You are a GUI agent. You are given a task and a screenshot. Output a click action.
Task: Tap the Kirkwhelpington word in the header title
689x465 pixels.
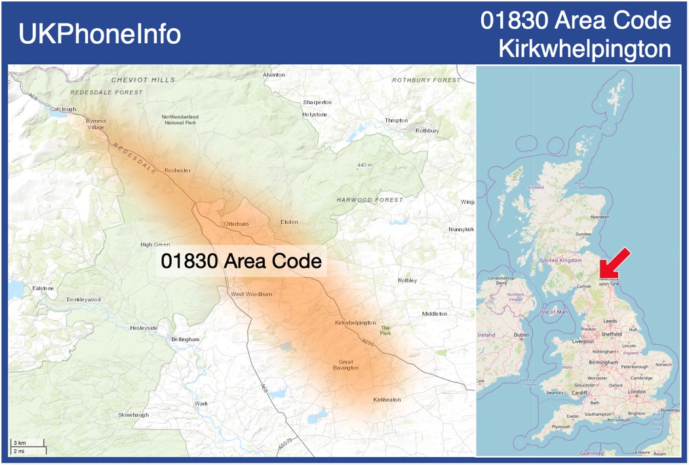585,48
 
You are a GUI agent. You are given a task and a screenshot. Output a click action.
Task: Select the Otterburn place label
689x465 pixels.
236,224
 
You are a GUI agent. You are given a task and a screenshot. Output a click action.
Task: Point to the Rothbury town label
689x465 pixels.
427,130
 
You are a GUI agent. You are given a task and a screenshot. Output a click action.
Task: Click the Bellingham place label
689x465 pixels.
185,339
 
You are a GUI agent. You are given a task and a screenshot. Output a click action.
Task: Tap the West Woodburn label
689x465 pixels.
251,294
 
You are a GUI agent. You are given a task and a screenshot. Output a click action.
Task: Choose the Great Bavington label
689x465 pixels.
345,365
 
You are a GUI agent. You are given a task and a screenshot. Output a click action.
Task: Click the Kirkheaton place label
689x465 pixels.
387,400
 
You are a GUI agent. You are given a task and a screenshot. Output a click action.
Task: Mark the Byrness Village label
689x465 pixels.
96,124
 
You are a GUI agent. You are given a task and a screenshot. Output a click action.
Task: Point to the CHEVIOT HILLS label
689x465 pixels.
144,80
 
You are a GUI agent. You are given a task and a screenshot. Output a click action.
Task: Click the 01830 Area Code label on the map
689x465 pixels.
241,261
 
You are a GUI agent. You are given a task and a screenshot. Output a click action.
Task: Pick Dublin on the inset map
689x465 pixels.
522,335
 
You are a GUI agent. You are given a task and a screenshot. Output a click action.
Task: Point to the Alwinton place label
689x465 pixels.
274,75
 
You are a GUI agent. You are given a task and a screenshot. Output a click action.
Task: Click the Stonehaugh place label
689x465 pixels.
133,415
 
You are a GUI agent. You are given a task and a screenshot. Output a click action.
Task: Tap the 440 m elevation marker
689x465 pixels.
364,165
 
